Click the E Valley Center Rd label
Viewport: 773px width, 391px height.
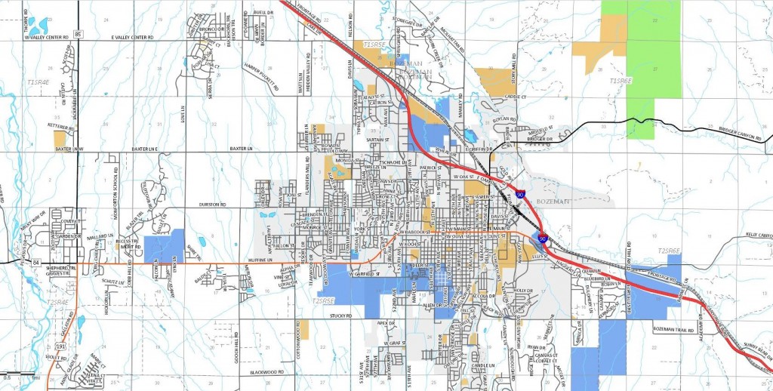click(x=132, y=36)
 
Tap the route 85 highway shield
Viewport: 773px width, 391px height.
click(x=78, y=33)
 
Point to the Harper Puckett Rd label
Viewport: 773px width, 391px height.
click(x=260, y=78)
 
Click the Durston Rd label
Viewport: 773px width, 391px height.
click(x=214, y=205)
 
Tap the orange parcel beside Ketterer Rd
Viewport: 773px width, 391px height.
click(x=60, y=139)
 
